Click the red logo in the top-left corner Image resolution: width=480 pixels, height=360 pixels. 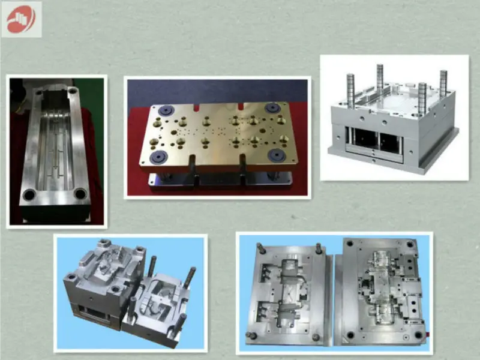(21, 19)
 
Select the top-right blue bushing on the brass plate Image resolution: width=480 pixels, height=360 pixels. (272, 107)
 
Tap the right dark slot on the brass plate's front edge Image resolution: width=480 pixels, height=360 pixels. (242, 164)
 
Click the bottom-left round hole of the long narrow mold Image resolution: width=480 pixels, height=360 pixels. (28, 195)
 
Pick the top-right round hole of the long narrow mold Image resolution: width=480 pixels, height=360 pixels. (73, 92)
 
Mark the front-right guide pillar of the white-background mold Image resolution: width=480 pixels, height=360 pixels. (422, 98)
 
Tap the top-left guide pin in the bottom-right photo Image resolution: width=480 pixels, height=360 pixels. (259, 247)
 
